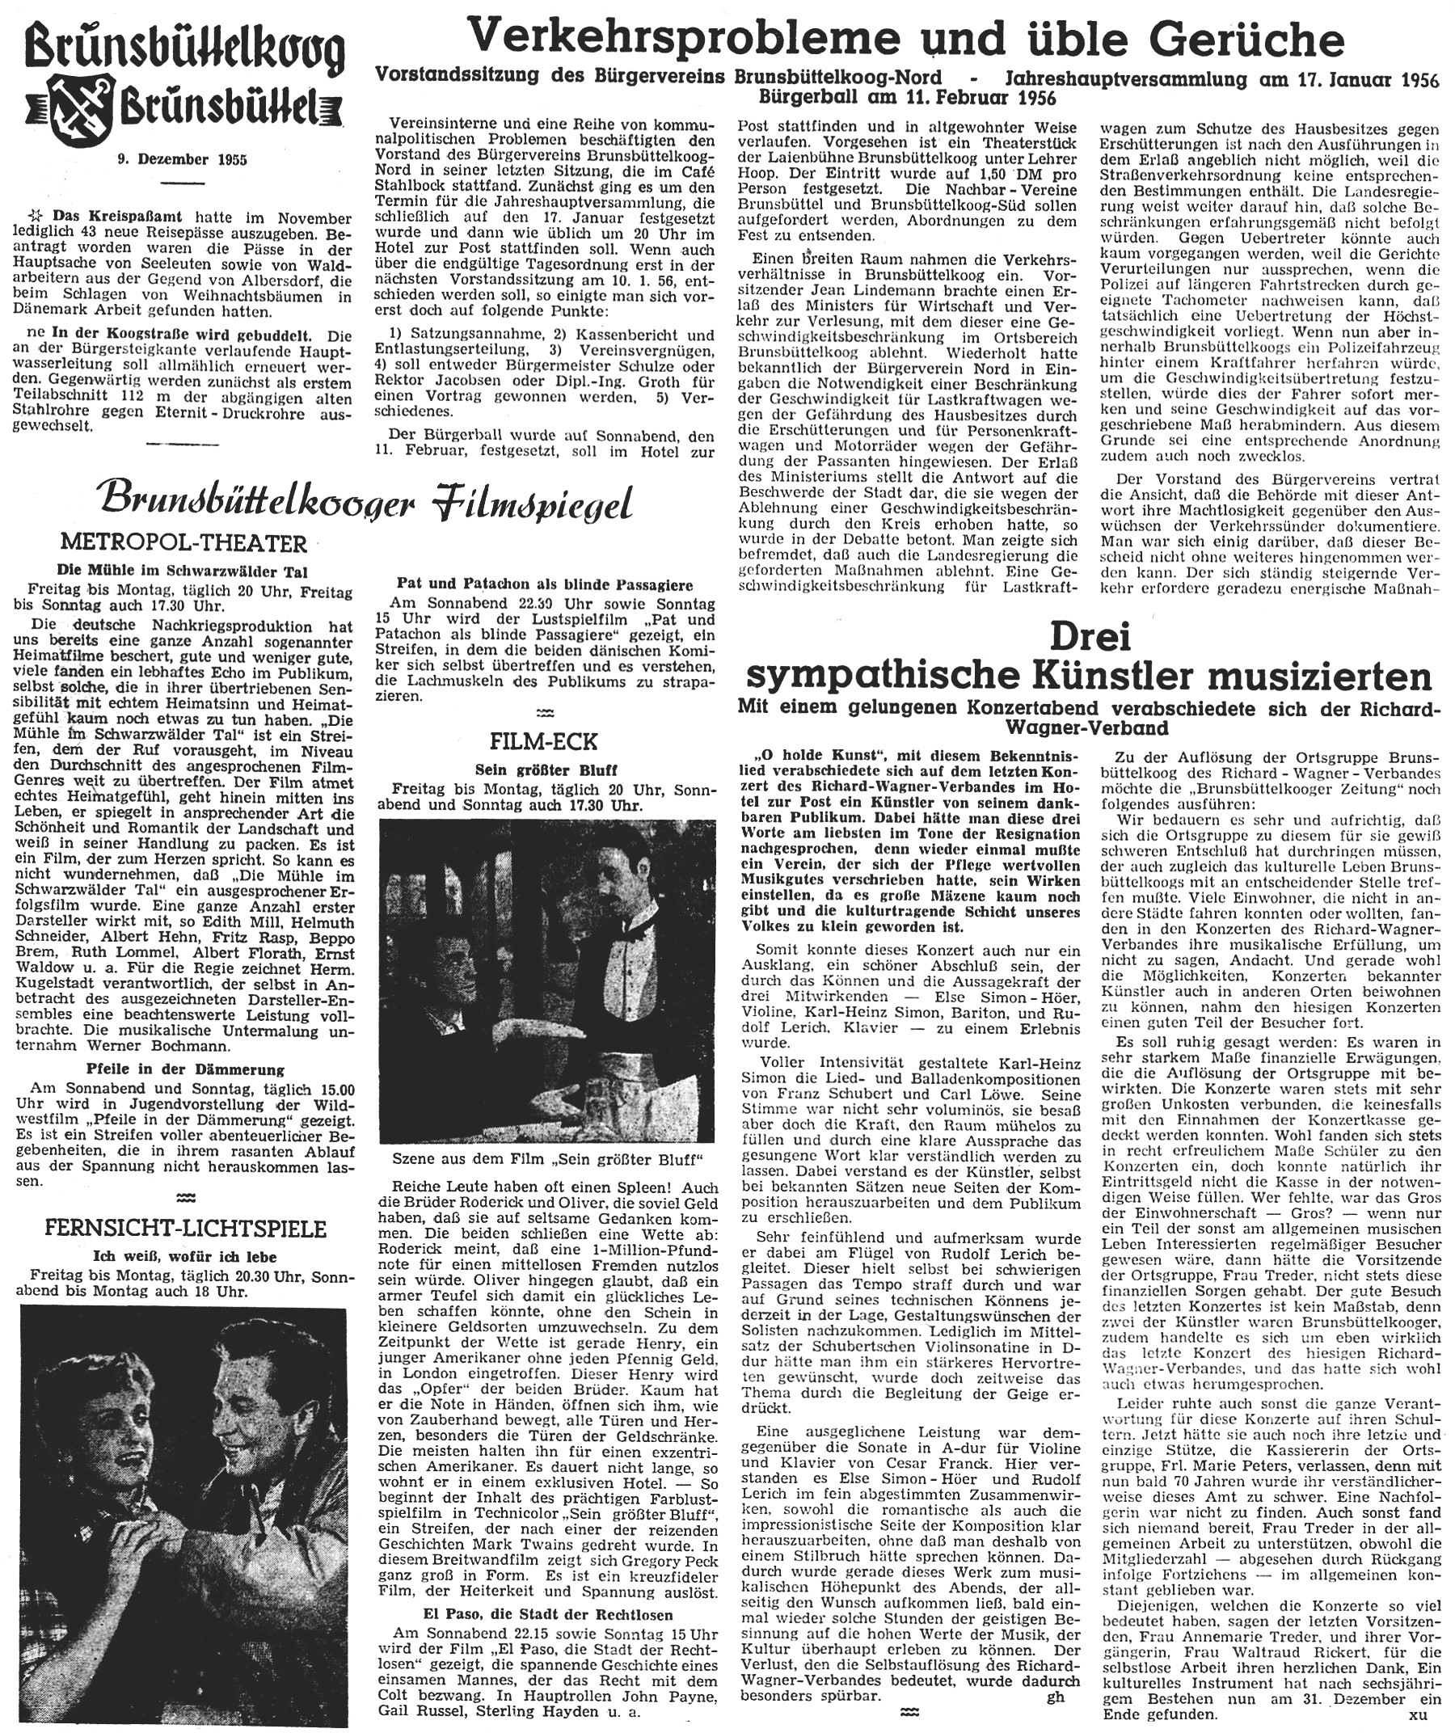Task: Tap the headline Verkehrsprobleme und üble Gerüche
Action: [905, 39]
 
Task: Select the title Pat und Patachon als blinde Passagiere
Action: [544, 584]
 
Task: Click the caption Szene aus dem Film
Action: [544, 1159]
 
